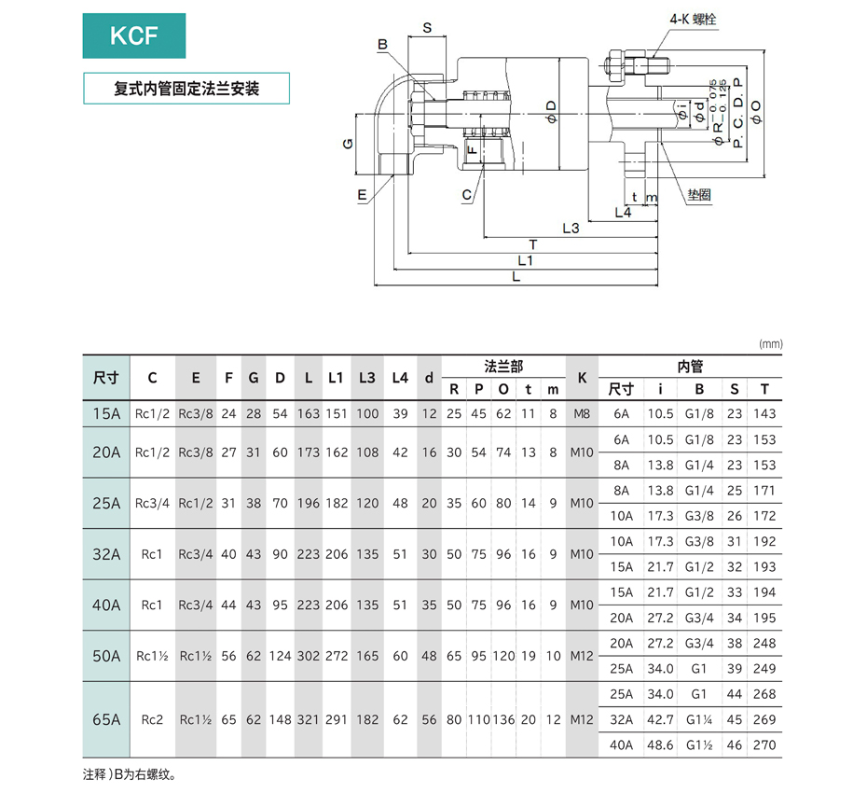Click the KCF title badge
pos(134,36)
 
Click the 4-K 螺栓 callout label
pos(694,19)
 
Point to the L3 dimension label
pos(571,228)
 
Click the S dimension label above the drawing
pos(427,28)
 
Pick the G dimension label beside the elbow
pos(347,144)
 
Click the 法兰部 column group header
pos(504,366)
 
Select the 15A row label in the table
pos(106,413)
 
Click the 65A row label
pos(106,719)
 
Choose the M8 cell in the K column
pos(582,413)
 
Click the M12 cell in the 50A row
pos(582,656)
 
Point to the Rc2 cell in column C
pos(152,719)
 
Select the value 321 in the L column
pos(309,719)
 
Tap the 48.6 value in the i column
pos(660,744)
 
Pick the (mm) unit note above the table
pos(771,343)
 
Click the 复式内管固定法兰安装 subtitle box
pos(186,89)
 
